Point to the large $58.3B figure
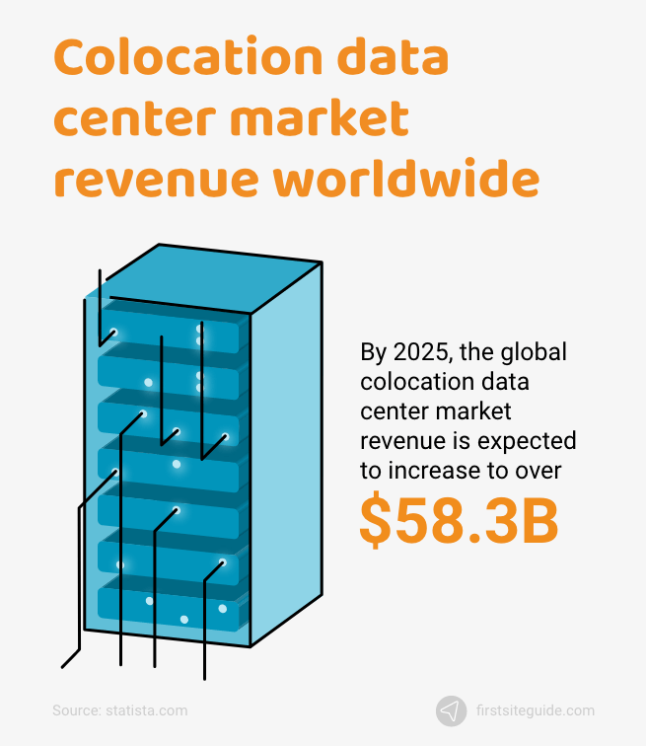[x=459, y=521]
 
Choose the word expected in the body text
[x=522, y=441]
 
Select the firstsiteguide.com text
[x=535, y=709]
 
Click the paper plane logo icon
[x=452, y=709]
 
